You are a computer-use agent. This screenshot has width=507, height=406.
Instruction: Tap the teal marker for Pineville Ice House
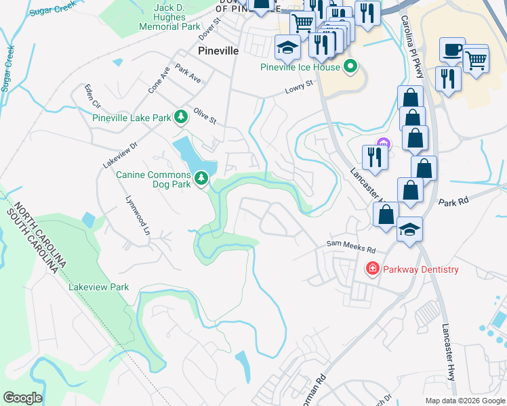(350, 66)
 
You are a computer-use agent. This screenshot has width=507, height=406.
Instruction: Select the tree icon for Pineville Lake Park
(181, 118)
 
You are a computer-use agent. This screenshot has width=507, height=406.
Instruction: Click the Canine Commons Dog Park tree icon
(201, 179)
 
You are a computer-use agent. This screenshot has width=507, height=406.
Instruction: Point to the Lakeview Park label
(99, 287)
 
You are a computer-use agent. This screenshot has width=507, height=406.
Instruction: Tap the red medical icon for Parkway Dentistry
(372, 269)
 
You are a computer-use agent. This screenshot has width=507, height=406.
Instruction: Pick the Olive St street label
(205, 116)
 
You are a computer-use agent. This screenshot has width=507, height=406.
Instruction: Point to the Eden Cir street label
(92, 95)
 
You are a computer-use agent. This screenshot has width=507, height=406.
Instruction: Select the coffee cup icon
(452, 50)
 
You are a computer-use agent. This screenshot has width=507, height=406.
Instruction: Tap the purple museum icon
(384, 143)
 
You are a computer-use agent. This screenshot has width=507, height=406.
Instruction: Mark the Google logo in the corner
(22, 398)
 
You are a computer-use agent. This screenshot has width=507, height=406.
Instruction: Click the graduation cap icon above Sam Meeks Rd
(409, 230)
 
